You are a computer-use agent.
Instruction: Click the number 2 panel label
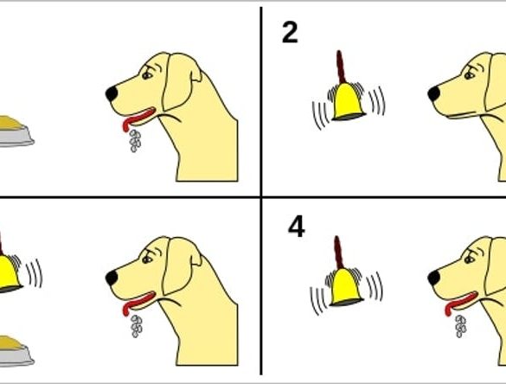point(290,33)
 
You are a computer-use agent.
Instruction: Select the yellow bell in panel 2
point(349,102)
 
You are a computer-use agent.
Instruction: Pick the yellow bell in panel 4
point(346,287)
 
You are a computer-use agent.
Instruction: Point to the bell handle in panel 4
point(338,253)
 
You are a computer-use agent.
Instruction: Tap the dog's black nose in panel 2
point(433,93)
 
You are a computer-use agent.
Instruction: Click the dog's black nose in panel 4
point(433,278)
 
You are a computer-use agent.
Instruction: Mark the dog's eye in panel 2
point(470,75)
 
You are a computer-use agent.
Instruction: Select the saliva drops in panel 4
point(461,326)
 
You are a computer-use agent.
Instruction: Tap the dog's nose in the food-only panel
point(112,93)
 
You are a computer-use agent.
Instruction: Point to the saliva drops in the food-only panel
point(136,141)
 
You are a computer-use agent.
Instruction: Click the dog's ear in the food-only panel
point(177,81)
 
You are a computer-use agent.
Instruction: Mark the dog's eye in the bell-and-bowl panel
point(148,259)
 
